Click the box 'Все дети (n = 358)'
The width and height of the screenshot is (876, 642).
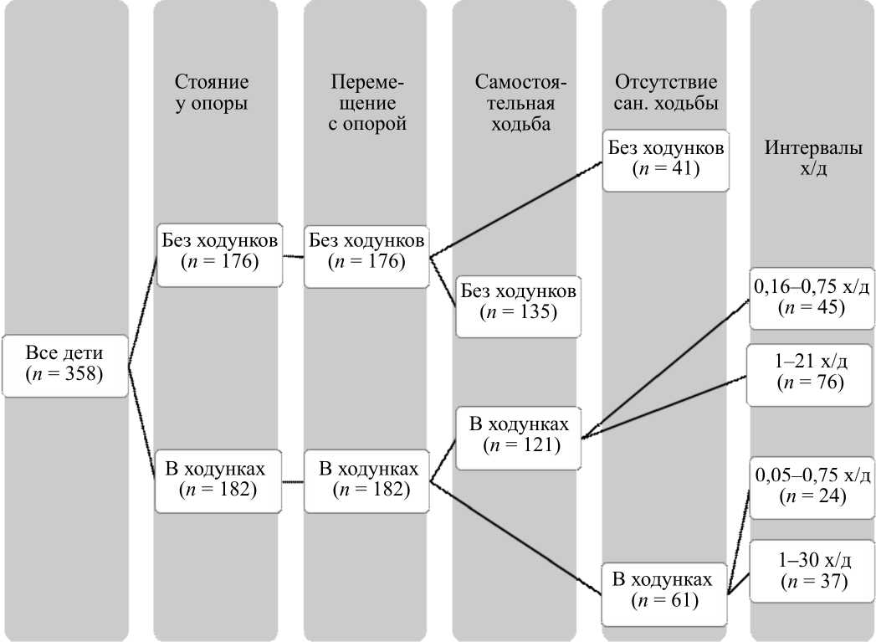click(x=64, y=365)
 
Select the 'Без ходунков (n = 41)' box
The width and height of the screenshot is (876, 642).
click(x=666, y=160)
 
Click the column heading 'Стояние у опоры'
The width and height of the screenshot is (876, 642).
click(x=212, y=93)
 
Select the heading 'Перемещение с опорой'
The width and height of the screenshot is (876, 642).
click(x=367, y=103)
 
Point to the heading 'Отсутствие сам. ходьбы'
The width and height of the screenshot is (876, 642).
click(x=665, y=93)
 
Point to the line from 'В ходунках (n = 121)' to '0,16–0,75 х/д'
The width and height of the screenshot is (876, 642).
click(x=665, y=369)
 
